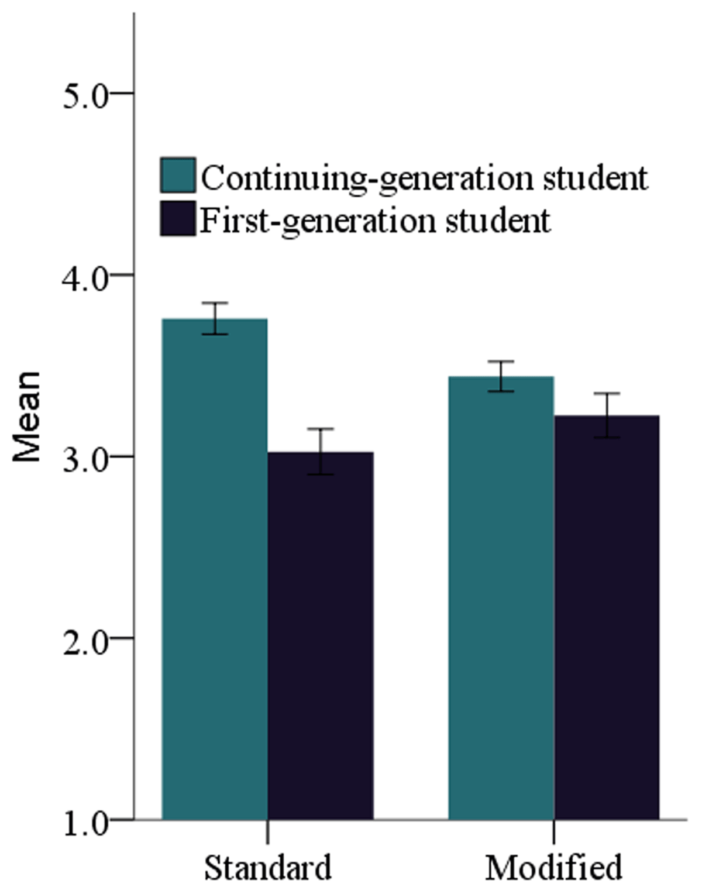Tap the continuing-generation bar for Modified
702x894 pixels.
501,597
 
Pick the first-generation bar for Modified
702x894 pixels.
607,617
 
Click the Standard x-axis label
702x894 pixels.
267,868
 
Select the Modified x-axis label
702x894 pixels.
553,868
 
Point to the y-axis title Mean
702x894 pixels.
27,417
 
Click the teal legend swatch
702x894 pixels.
178,175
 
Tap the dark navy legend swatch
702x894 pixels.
178,219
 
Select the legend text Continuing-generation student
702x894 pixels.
424,177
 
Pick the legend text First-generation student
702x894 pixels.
375,221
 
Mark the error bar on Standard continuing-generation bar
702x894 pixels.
215,318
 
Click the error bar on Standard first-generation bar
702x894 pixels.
321,451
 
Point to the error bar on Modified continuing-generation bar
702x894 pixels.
501,376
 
